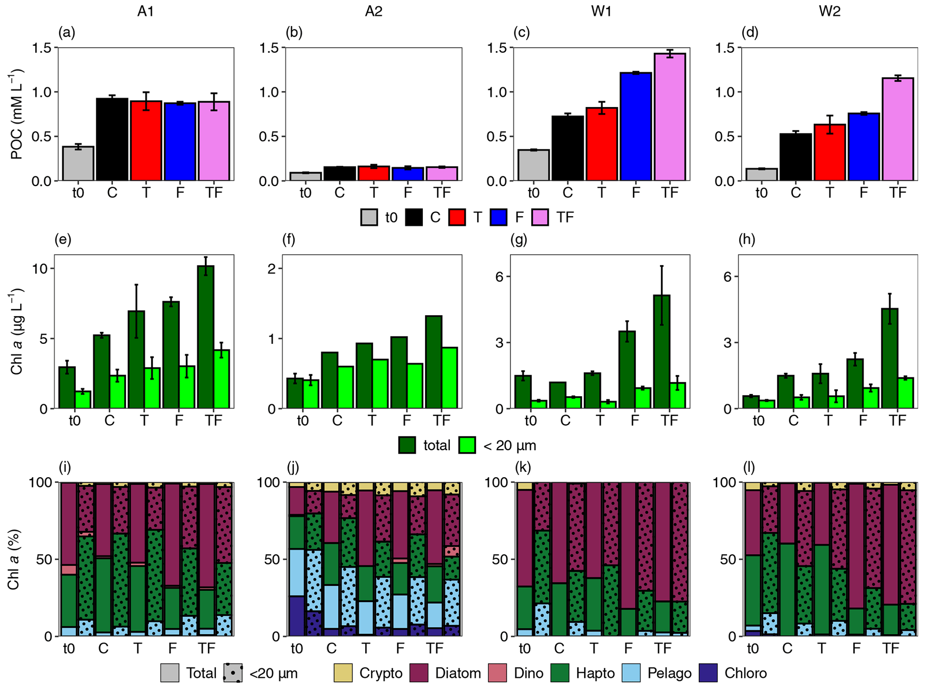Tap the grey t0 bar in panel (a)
(x=78, y=163)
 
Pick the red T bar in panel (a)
(x=146, y=141)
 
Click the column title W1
(x=601, y=12)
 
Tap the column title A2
(x=373, y=12)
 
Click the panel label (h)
(x=746, y=240)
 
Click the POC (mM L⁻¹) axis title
(x=17, y=114)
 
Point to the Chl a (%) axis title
(x=13, y=560)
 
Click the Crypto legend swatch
(x=343, y=673)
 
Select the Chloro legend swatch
(x=708, y=673)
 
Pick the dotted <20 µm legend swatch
(x=233, y=673)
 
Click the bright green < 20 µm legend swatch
(x=467, y=445)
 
